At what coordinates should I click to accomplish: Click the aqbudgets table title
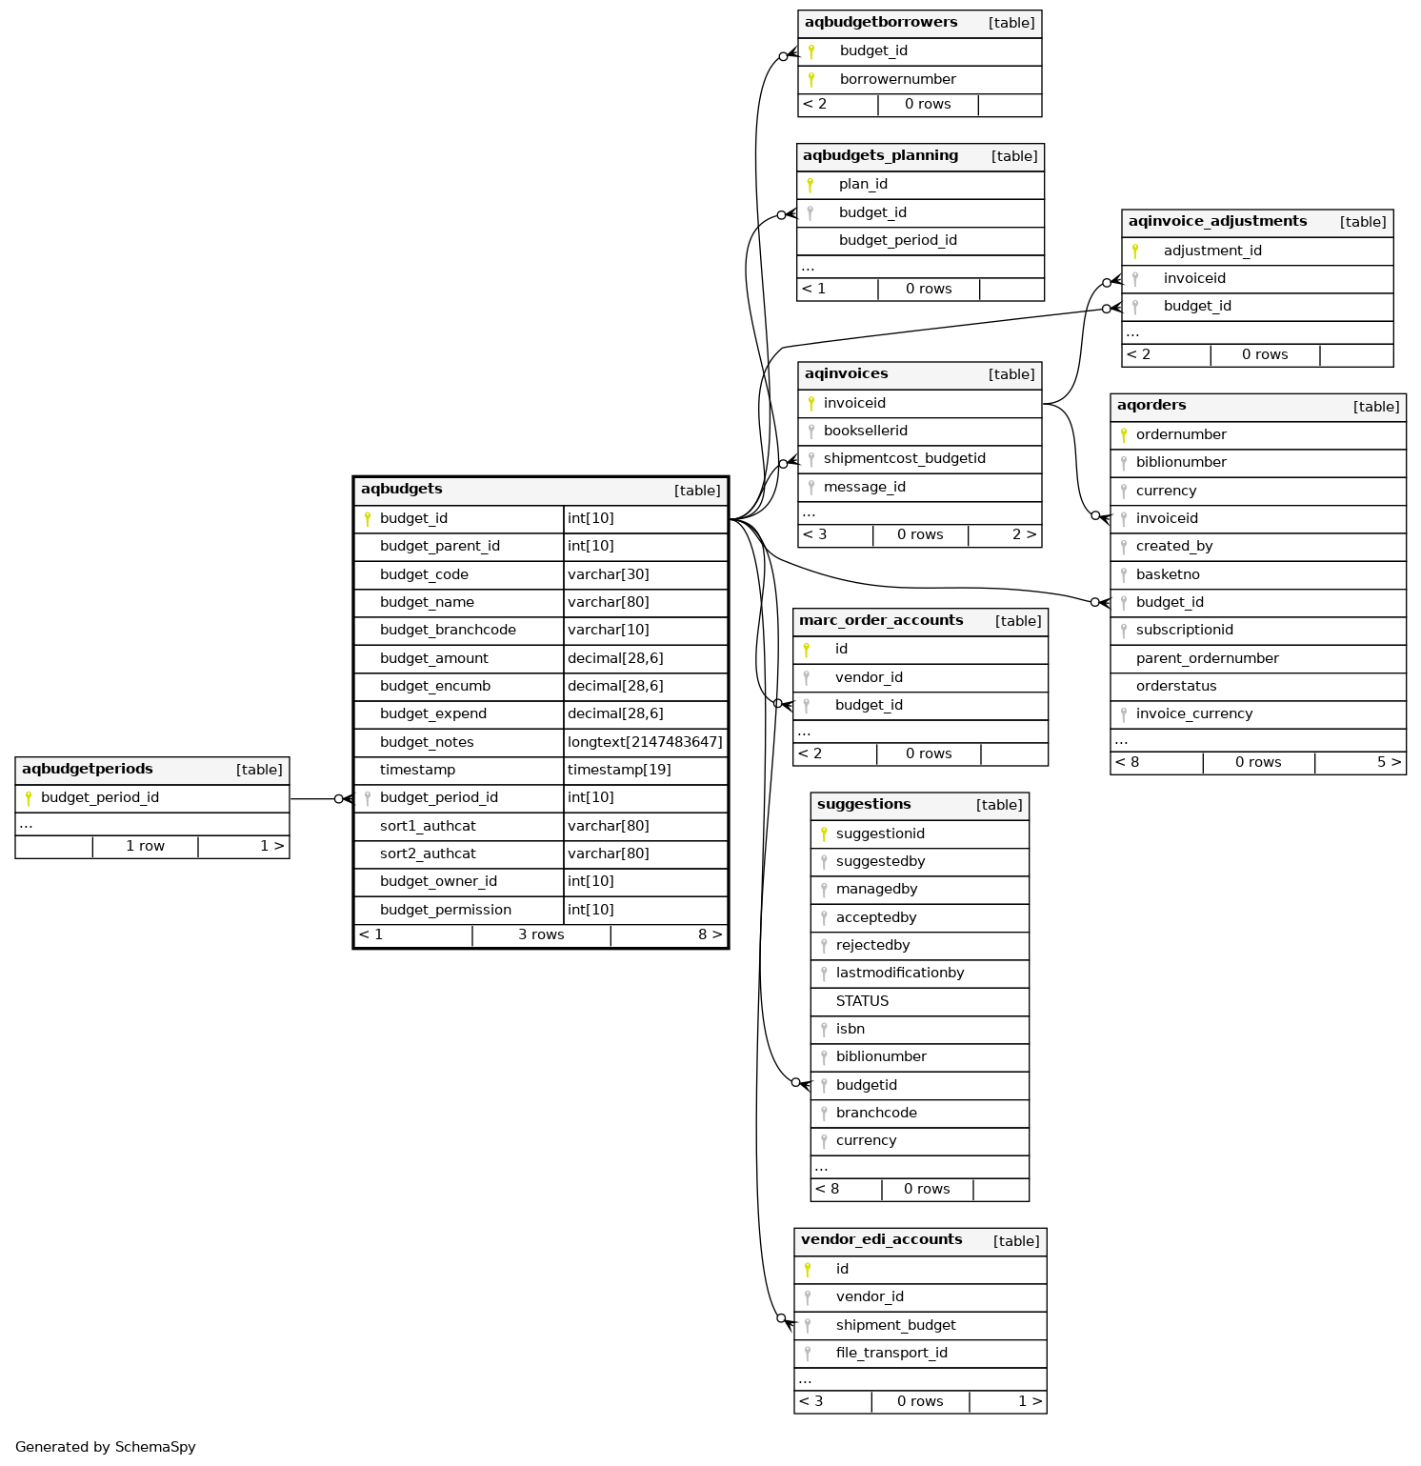click(x=401, y=490)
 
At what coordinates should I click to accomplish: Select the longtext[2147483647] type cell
click(x=645, y=742)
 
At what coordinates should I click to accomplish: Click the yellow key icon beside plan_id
click(x=810, y=185)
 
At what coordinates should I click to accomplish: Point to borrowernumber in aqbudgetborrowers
click(x=897, y=79)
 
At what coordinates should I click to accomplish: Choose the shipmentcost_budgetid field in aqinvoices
click(x=904, y=459)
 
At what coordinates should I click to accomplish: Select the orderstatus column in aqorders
click(x=1176, y=686)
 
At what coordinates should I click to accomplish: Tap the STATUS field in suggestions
click(x=862, y=1001)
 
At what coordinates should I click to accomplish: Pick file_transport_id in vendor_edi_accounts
click(x=891, y=1353)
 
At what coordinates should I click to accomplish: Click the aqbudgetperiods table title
click(x=88, y=769)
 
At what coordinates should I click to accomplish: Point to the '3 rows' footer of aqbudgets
click(x=541, y=934)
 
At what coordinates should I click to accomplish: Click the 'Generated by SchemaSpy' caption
click(x=106, y=1447)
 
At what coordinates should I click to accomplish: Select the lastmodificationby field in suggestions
click(x=900, y=973)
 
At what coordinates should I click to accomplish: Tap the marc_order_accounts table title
click(x=881, y=620)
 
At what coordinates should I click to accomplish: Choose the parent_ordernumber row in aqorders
click(x=1207, y=658)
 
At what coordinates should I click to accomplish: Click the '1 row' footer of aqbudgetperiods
click(x=145, y=846)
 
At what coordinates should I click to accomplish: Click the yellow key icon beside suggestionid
click(x=824, y=833)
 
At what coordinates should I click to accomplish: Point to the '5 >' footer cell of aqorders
click(x=1389, y=762)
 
